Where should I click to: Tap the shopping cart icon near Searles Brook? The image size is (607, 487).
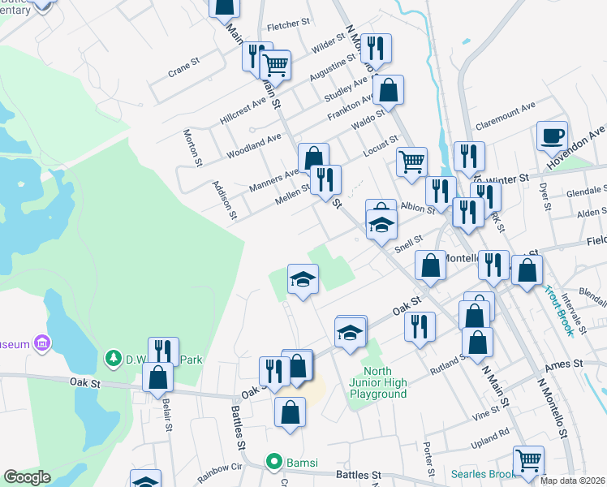click(x=528, y=461)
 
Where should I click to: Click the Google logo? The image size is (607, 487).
click(x=26, y=477)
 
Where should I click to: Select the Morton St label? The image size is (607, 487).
click(x=192, y=147)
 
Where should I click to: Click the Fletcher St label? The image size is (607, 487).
click(x=283, y=26)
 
